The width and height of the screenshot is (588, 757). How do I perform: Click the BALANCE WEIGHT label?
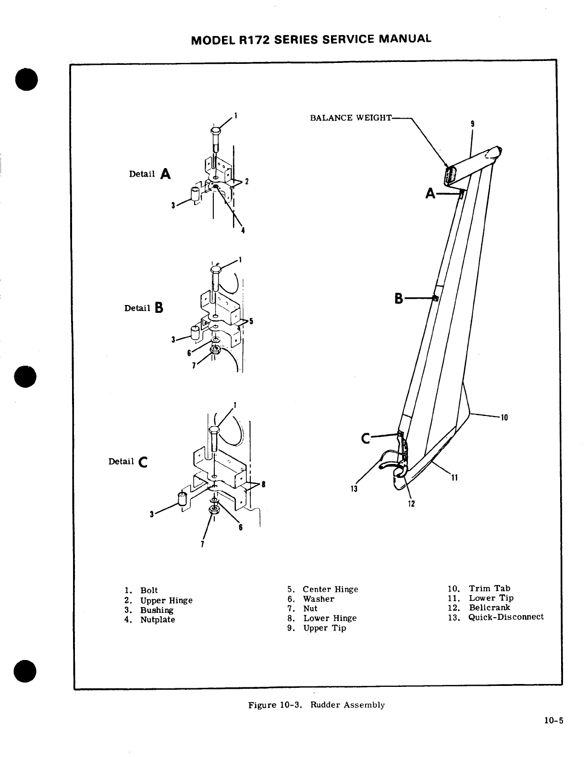coord(351,118)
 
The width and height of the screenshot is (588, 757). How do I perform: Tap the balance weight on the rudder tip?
coord(450,175)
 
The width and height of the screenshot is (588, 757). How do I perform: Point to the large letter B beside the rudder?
coord(399,299)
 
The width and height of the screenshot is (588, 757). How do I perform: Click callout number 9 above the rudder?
coord(473,123)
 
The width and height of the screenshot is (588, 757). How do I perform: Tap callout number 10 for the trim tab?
coord(504,417)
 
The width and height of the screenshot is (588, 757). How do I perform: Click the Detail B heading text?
coord(144,308)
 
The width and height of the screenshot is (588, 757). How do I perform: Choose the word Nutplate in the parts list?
coord(158,620)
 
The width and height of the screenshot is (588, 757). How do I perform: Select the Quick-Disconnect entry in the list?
coord(506,617)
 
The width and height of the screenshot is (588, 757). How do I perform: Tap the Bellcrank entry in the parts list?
coord(490,607)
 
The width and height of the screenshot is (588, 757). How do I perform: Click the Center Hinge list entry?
coord(331,589)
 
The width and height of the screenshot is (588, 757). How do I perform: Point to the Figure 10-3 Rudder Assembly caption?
coord(316,705)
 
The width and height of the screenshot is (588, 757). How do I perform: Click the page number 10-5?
coord(553,720)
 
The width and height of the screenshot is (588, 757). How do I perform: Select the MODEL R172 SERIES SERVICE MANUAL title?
coord(311,39)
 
